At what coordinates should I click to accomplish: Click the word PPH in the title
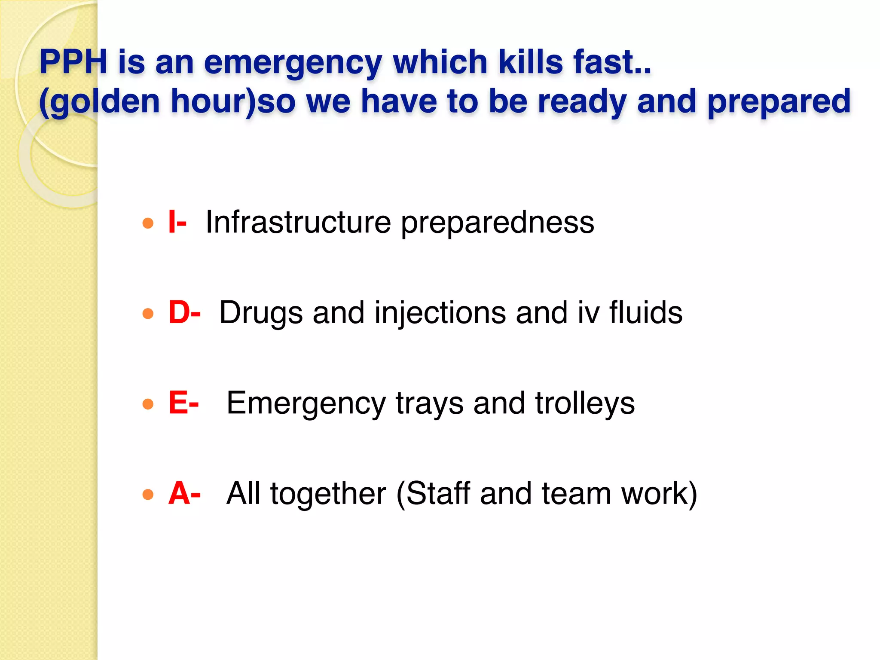[x=73, y=62]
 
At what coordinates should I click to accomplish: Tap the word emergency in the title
[x=293, y=63]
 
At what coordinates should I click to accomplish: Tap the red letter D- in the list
[x=184, y=312]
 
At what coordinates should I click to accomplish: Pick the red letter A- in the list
[x=184, y=493]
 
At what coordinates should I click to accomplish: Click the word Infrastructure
[x=298, y=222]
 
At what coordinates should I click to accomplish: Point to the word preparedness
[x=498, y=223]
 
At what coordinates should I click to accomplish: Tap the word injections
[x=440, y=313]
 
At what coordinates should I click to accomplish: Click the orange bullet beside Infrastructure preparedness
[x=148, y=223]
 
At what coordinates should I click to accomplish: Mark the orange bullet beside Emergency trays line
[x=148, y=404]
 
